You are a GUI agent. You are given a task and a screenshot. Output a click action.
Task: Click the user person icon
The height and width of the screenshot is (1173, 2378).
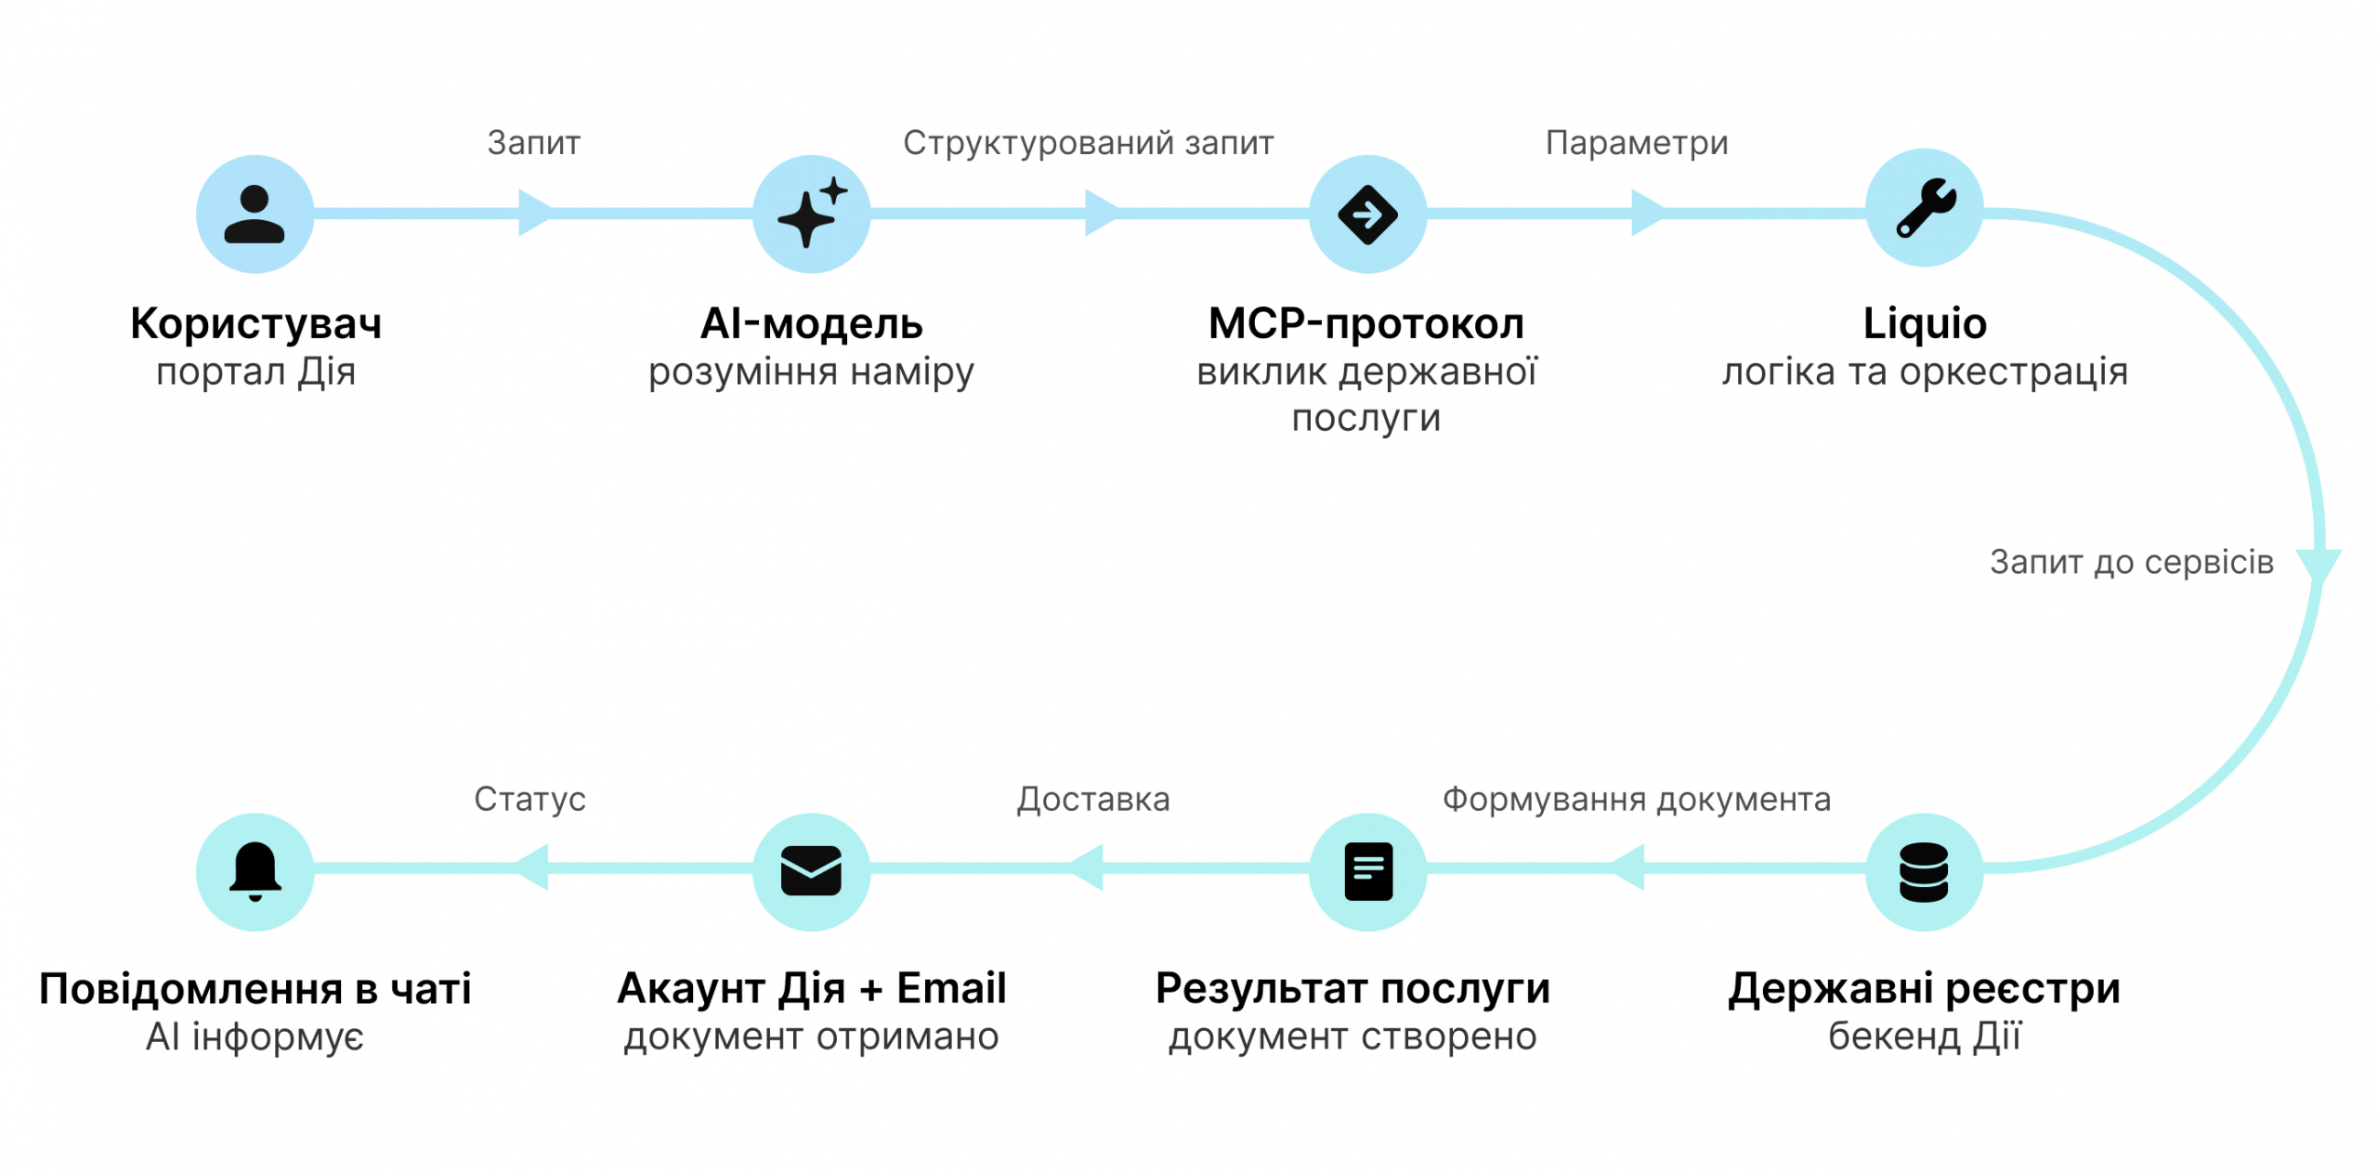click(255, 215)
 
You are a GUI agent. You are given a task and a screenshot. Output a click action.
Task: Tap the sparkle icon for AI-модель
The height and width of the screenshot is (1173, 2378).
click(811, 215)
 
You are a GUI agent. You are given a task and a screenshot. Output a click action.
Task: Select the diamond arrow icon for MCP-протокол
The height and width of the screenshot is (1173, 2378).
click(1367, 215)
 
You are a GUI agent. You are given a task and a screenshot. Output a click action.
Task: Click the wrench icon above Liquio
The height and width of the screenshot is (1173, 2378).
click(1925, 209)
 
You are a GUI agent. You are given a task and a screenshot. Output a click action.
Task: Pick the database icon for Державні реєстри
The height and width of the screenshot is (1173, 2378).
click(1924, 872)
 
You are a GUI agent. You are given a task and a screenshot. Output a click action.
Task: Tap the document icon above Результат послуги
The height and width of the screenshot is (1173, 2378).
click(1368, 872)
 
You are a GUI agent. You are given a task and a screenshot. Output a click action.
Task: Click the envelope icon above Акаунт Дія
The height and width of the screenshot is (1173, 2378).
click(811, 872)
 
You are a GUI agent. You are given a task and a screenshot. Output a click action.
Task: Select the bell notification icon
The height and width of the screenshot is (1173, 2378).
click(255, 872)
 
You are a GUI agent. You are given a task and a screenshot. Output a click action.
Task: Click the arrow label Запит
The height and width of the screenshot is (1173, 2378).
click(534, 143)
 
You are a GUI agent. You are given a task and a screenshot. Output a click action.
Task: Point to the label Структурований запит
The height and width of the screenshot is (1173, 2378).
click(1089, 143)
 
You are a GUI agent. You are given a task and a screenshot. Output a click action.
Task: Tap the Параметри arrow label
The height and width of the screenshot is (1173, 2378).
click(1637, 143)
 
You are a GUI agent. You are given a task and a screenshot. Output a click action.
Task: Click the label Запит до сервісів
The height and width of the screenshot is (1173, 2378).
click(2131, 562)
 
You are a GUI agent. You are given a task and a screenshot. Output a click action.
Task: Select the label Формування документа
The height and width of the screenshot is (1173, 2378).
click(1637, 799)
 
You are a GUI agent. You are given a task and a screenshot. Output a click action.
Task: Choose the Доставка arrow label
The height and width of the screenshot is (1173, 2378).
click(1093, 799)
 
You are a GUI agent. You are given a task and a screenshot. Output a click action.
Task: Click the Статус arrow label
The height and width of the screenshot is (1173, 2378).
click(529, 799)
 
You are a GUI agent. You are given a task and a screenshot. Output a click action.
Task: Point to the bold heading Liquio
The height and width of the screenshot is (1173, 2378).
click(1925, 324)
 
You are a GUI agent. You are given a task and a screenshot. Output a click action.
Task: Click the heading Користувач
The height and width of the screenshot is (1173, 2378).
click(255, 324)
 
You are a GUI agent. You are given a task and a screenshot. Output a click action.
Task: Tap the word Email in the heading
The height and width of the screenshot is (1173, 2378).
click(951, 988)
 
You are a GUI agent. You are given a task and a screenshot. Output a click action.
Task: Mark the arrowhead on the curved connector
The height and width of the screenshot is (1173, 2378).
click(2319, 566)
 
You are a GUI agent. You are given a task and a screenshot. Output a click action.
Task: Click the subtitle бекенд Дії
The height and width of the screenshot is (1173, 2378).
click(1925, 1036)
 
